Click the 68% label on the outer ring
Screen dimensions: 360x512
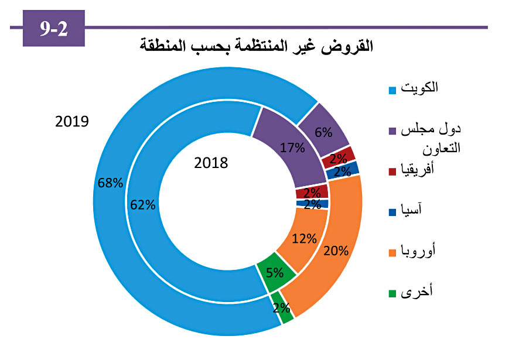[x=111, y=183]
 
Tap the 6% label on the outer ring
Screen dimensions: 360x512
[x=323, y=132]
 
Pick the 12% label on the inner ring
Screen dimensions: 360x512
[x=305, y=238]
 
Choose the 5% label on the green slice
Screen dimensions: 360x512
[x=274, y=272]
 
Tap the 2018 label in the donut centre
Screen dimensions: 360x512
[x=210, y=163]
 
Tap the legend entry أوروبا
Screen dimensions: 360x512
[x=421, y=252]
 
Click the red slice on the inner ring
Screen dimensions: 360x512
[x=312, y=191]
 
